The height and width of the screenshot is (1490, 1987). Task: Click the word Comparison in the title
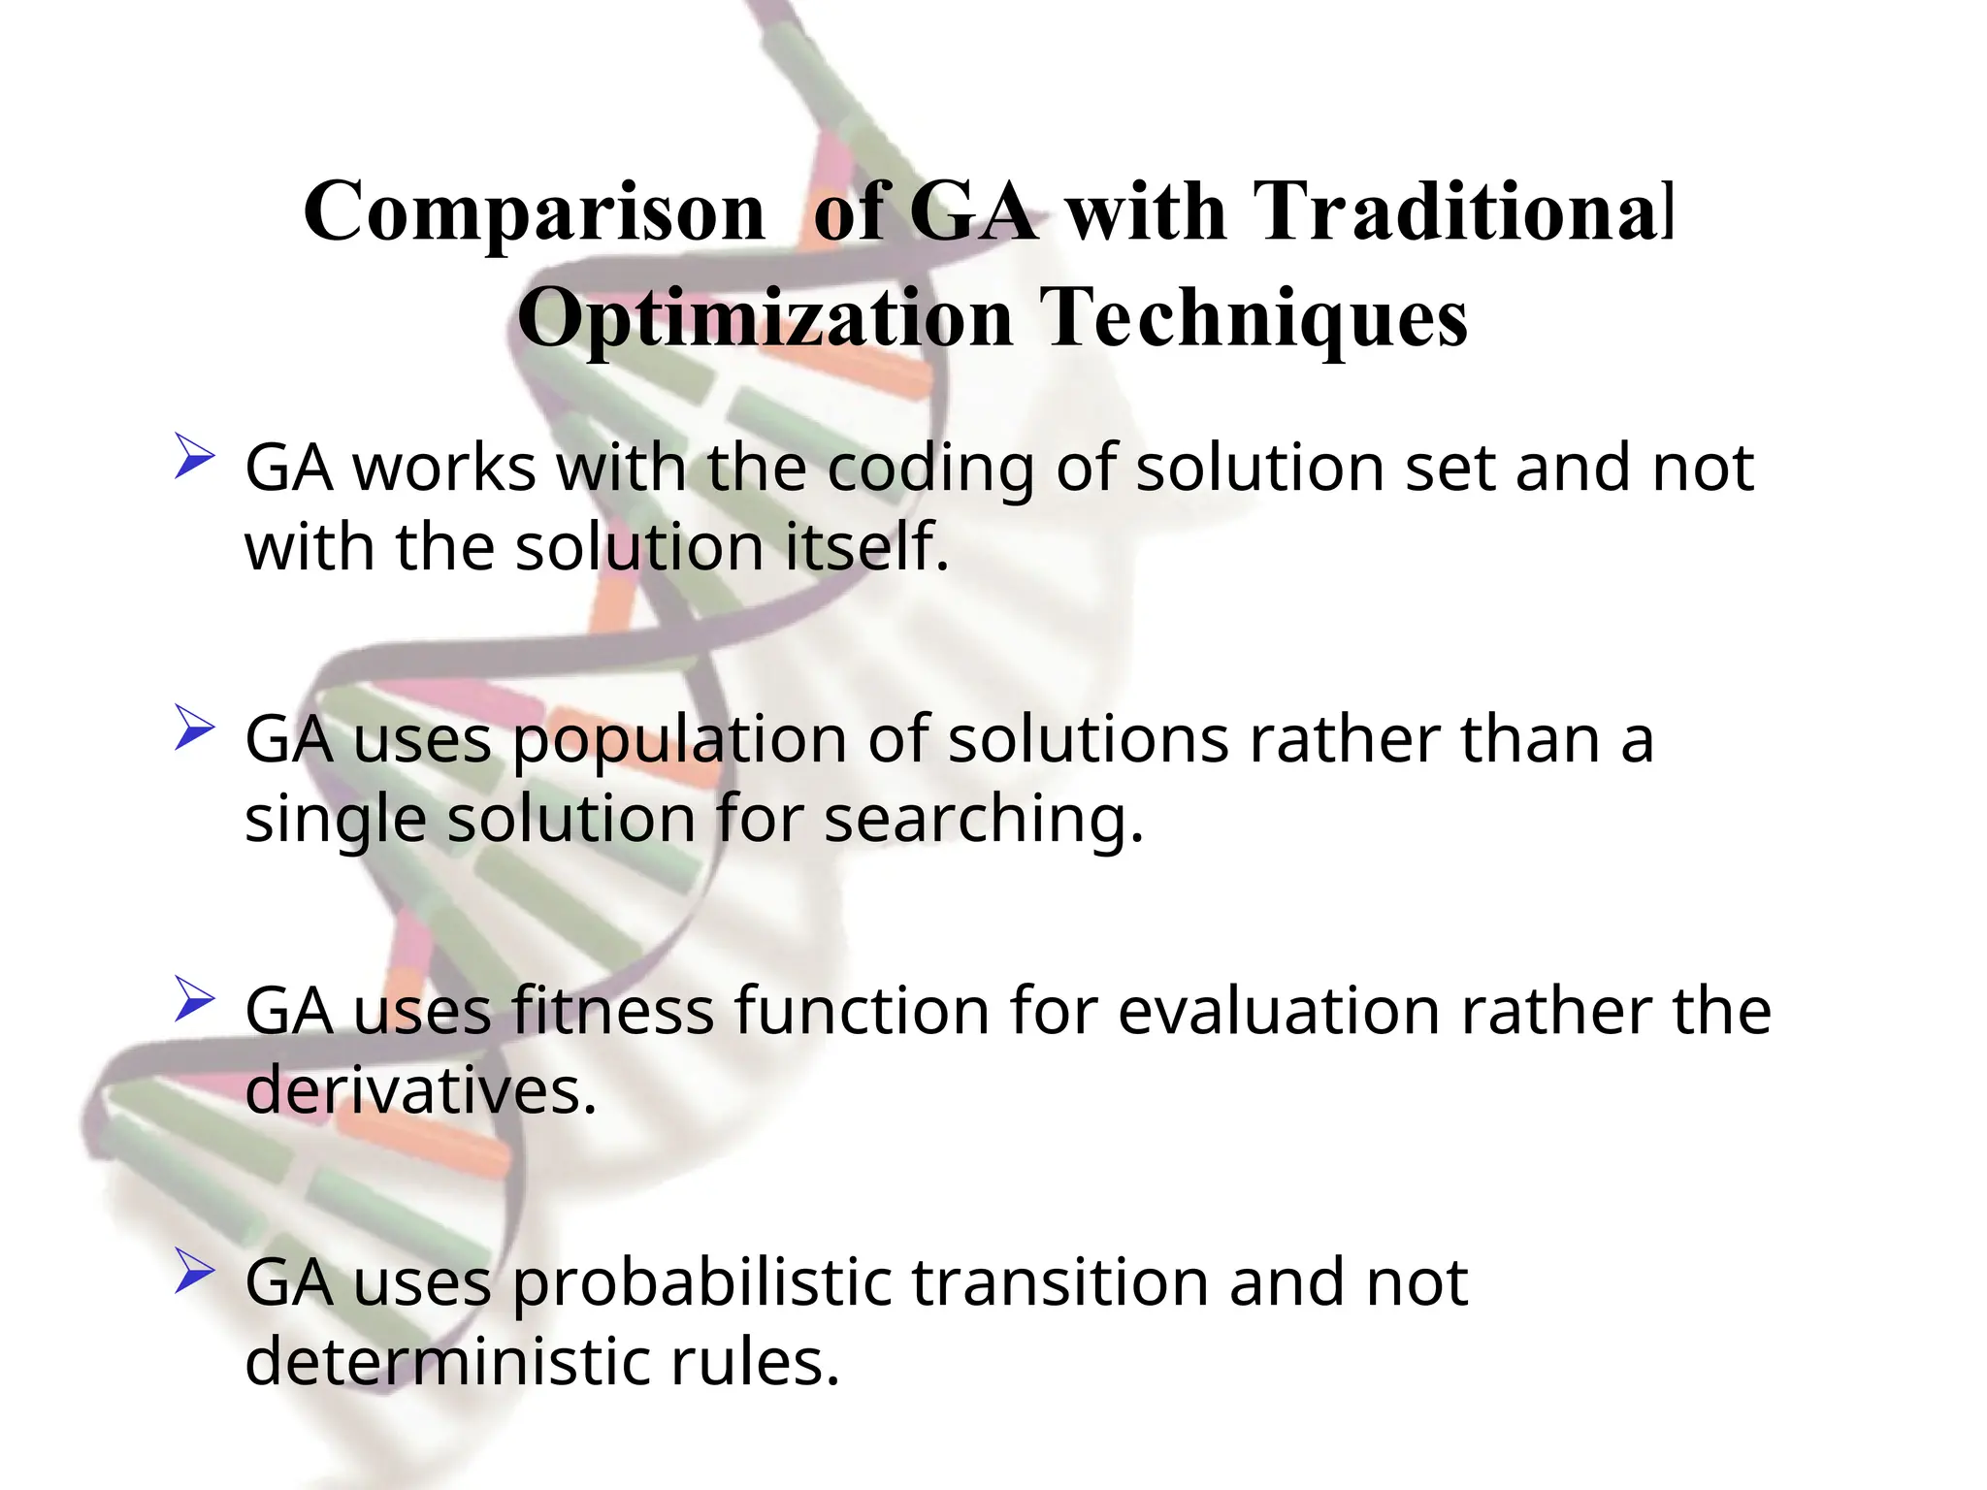pos(535,213)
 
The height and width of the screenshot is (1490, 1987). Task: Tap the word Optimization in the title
pos(765,320)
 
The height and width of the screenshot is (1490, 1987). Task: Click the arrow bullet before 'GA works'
pos(194,457)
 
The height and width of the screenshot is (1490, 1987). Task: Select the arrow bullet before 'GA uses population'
pos(194,729)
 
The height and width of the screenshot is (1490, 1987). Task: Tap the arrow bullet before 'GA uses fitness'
pos(194,1000)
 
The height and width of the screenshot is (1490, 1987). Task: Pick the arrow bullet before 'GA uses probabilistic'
pos(194,1272)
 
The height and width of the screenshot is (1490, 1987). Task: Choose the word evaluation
pos(1280,1012)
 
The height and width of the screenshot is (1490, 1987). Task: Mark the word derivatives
pos(419,1091)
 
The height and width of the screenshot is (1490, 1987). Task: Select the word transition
pos(1059,1283)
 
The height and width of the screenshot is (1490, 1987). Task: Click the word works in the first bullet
pos(443,469)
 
